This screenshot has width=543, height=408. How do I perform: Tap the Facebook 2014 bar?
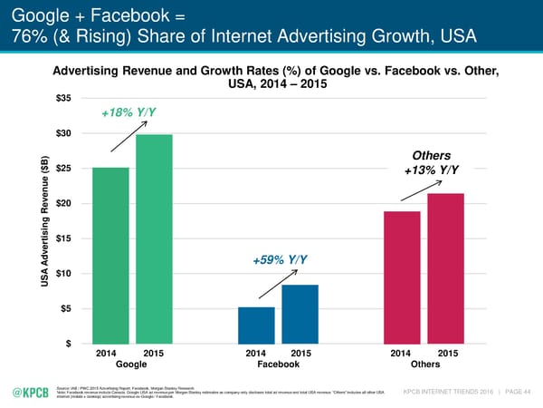[256, 325]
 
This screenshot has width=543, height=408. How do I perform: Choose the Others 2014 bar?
[402, 277]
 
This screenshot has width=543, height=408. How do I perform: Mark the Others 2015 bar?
[445, 268]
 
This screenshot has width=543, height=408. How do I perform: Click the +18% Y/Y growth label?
[133, 112]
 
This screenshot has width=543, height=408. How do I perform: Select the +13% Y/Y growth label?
[431, 171]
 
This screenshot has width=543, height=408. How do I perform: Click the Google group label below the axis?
[131, 365]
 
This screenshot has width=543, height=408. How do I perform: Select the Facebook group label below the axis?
[278, 365]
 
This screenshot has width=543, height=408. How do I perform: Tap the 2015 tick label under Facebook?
[300, 354]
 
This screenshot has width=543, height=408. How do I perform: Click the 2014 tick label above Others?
[402, 354]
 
